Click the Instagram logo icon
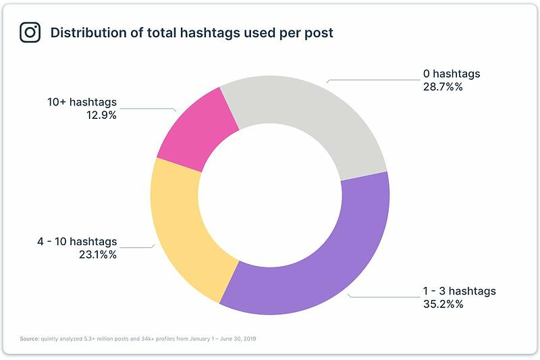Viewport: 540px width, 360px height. click(x=30, y=32)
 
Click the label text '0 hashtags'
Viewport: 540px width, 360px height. click(x=452, y=74)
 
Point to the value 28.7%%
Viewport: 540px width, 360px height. click(x=443, y=87)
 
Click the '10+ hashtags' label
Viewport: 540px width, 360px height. click(x=82, y=102)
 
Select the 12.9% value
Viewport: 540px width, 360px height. click(x=102, y=115)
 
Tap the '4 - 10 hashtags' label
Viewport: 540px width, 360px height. click(x=77, y=242)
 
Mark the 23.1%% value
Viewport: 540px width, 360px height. click(x=98, y=255)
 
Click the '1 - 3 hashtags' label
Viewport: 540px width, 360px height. click(x=460, y=291)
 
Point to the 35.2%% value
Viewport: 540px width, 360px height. click(x=443, y=304)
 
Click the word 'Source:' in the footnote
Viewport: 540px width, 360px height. click(x=30, y=338)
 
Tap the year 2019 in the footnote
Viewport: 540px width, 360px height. click(x=250, y=338)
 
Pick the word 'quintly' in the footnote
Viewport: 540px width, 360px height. click(x=49, y=339)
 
